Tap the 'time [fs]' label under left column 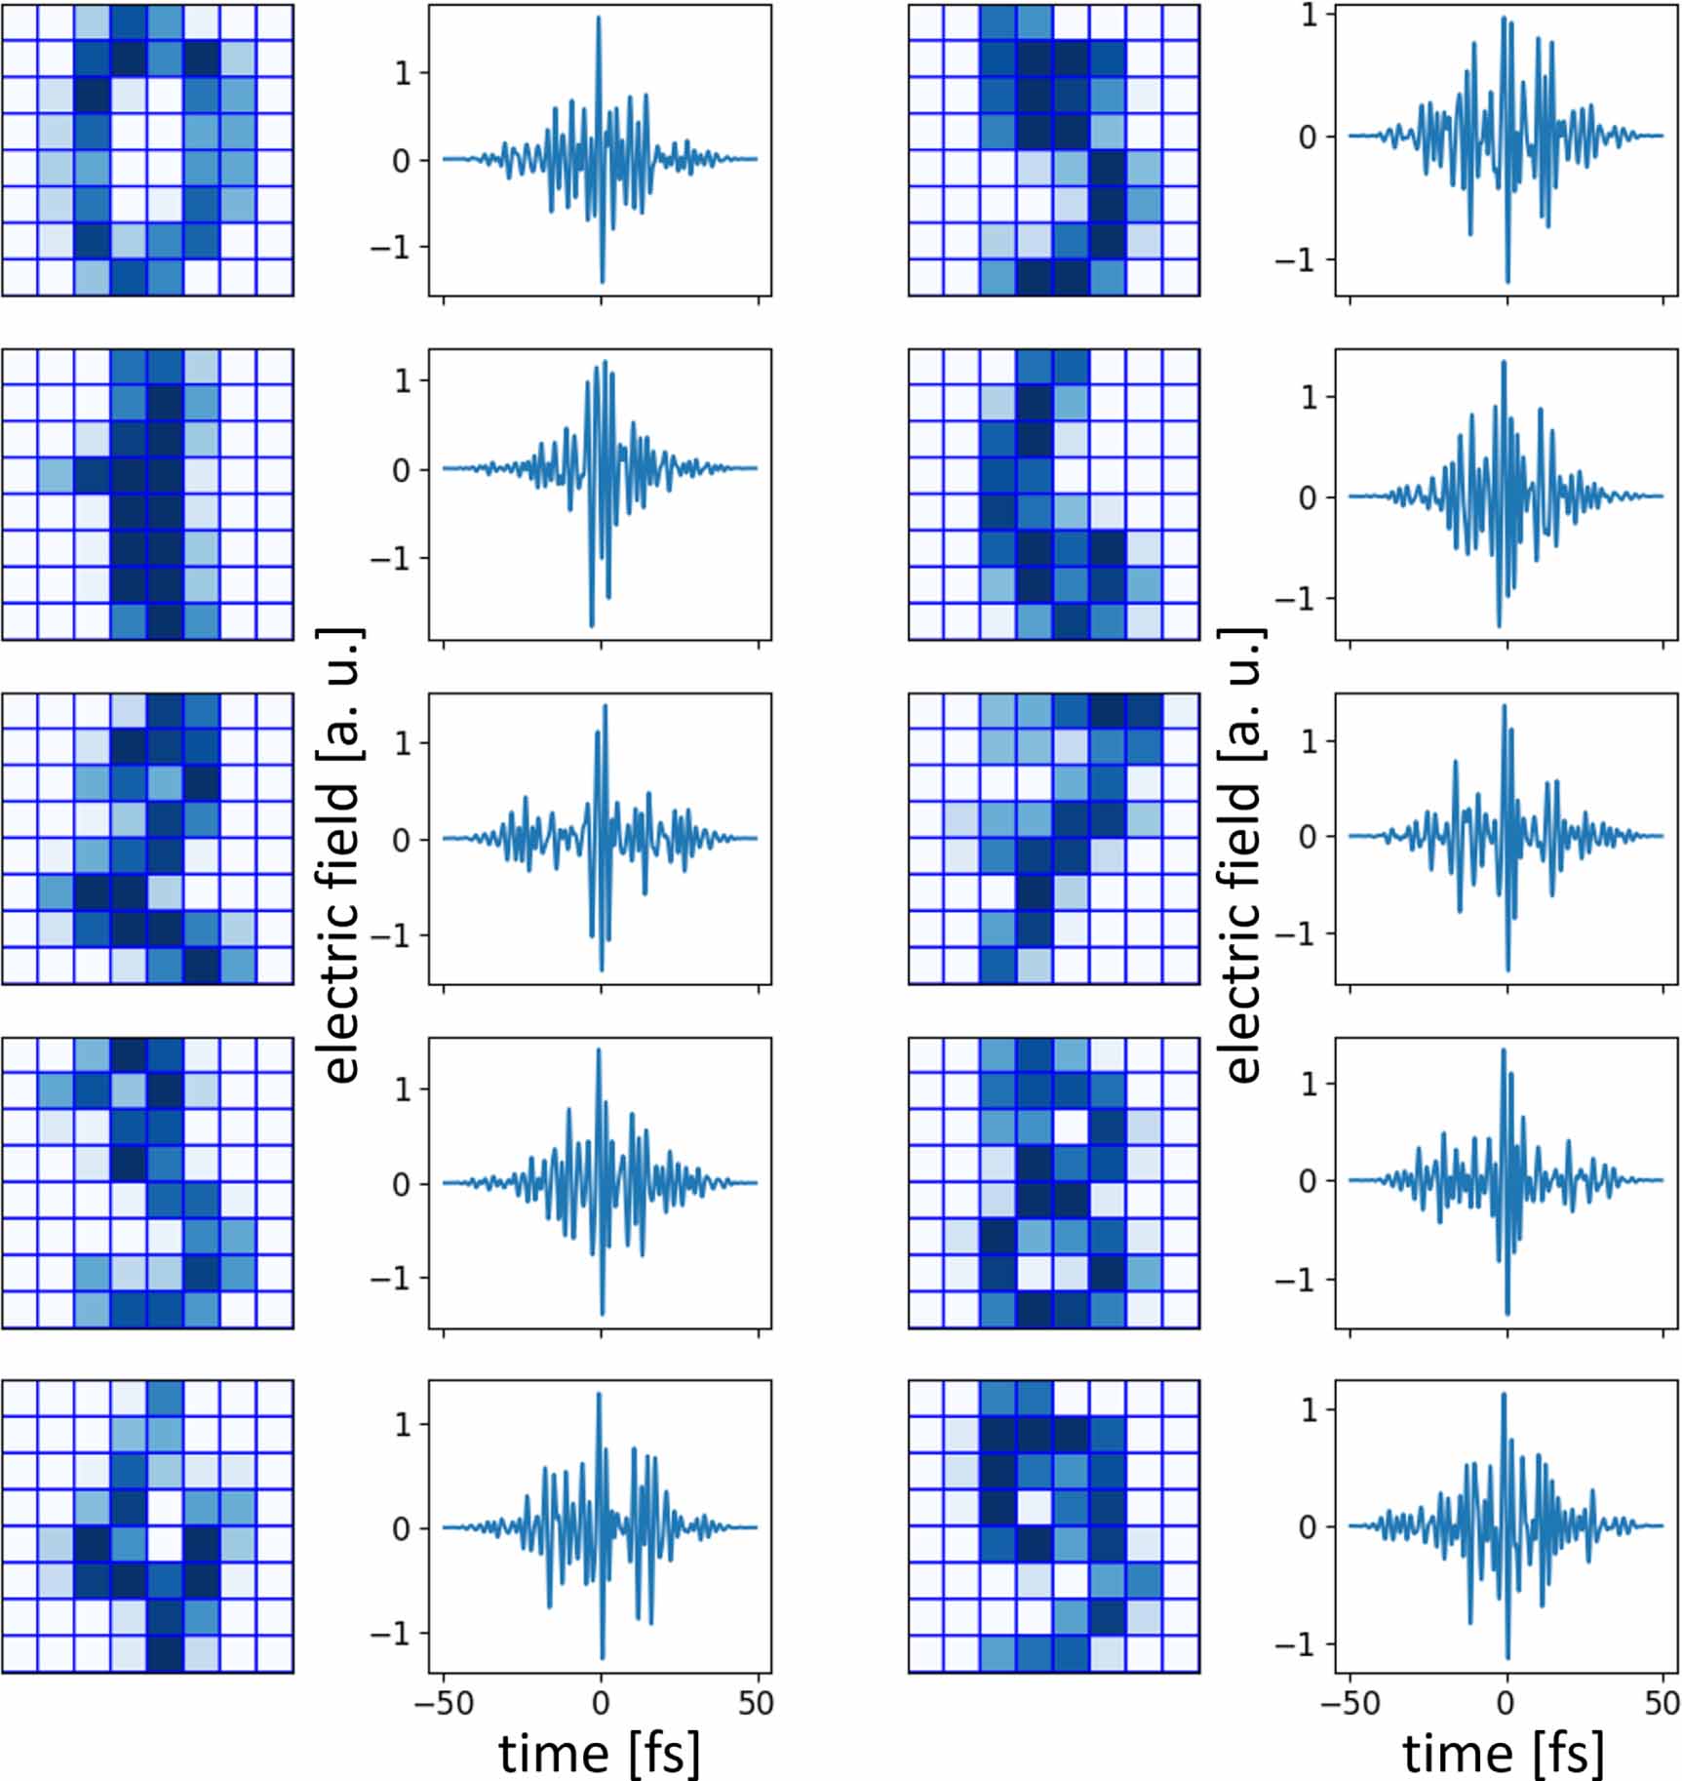[599, 1753]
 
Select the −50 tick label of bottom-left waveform [444, 1703]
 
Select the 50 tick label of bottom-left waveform [756, 1703]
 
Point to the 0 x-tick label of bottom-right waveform [1506, 1703]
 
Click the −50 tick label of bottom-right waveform [1350, 1703]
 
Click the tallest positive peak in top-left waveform [599, 18]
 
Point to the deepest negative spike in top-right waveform [1507, 282]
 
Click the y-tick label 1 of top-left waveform [403, 73]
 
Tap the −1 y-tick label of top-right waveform [1297, 260]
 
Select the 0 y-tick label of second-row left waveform [401, 470]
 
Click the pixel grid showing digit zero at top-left [147, 150]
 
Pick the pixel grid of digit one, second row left [147, 495]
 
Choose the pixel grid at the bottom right [1054, 1526]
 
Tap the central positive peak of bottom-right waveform [1504, 1395]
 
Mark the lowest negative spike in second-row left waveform [592, 625]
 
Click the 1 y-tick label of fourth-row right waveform [1309, 1084]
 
